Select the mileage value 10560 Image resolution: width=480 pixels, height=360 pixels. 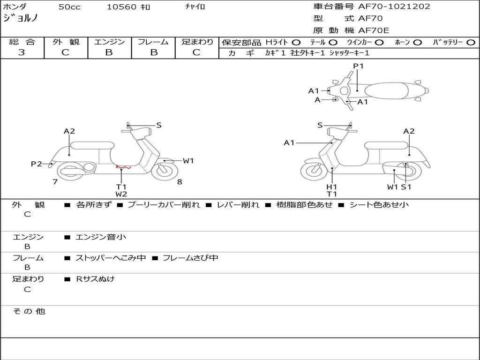(x=121, y=7)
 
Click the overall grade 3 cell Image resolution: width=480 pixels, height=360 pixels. (x=22, y=52)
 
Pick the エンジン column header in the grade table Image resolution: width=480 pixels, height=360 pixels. (x=109, y=42)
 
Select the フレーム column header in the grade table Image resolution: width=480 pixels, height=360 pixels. (x=153, y=42)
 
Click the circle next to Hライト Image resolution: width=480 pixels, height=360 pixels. (x=296, y=43)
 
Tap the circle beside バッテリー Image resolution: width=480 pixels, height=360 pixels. (x=471, y=43)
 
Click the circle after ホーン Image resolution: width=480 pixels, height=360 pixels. (x=418, y=43)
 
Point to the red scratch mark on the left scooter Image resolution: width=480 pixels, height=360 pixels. (x=123, y=167)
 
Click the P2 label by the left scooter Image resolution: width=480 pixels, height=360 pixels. (x=37, y=164)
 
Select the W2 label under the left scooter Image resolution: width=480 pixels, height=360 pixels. (x=121, y=194)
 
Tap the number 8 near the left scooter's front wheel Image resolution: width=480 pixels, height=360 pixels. (x=180, y=182)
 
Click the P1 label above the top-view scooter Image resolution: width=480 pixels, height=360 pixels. (x=359, y=66)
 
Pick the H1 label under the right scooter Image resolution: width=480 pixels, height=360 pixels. (x=332, y=187)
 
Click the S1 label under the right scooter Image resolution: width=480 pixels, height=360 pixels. (x=406, y=187)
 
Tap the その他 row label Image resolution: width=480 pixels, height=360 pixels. (x=29, y=311)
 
